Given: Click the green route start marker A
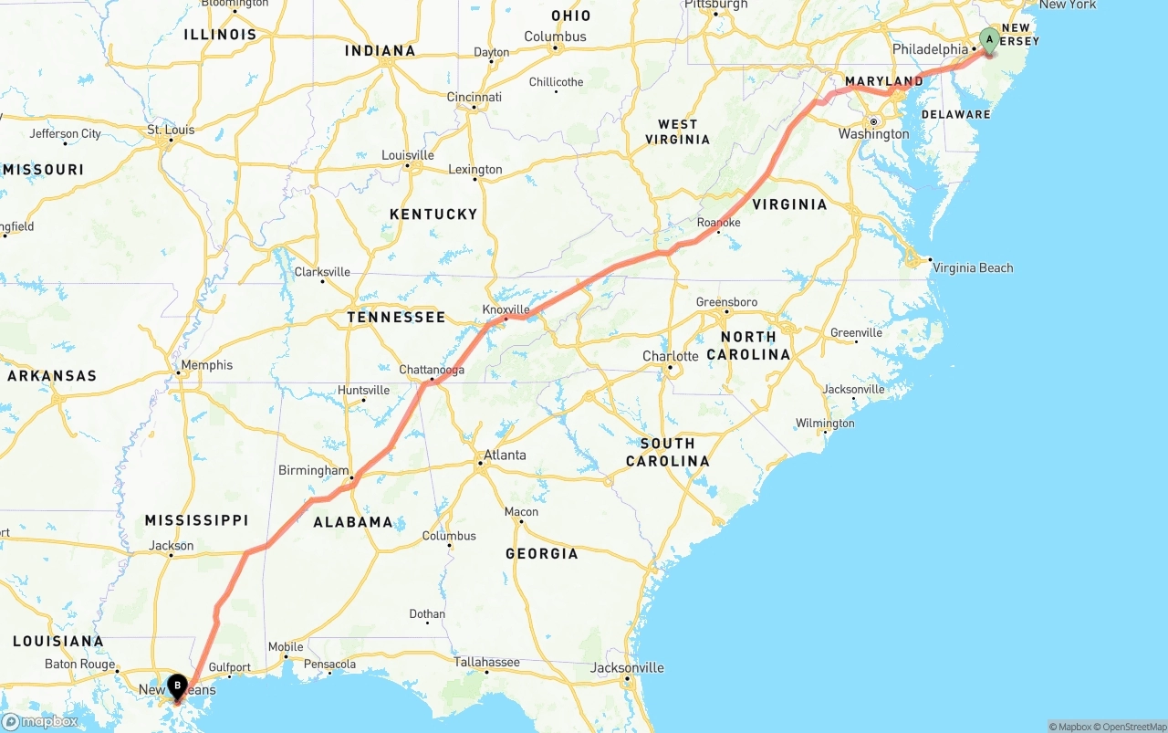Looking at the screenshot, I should click(989, 39).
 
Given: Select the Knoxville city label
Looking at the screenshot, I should click(506, 309).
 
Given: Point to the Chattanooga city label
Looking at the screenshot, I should click(432, 370).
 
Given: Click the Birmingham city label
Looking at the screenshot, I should click(313, 471).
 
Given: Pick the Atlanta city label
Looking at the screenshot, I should click(505, 455).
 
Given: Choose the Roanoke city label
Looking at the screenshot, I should click(718, 223).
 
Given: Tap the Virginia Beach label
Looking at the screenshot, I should click(973, 267).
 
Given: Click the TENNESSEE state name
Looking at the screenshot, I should click(396, 318).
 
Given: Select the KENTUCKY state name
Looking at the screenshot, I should click(433, 214).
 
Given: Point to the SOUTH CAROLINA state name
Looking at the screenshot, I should click(667, 452).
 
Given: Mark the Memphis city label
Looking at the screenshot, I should click(207, 365).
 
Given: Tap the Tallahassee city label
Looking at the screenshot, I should click(487, 662).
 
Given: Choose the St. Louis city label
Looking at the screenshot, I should click(171, 130).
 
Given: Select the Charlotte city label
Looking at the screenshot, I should click(670, 356).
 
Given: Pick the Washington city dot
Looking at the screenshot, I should click(873, 121).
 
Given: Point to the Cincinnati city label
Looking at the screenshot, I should click(474, 97).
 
